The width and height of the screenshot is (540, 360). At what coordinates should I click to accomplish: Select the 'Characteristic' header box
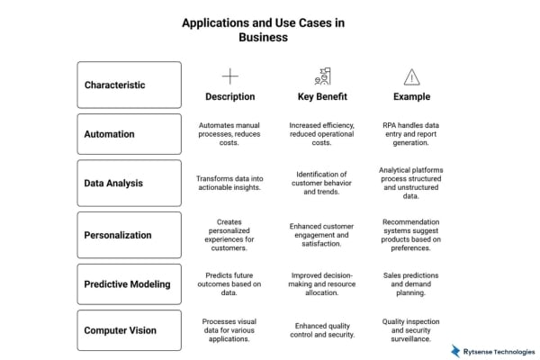pos(129,85)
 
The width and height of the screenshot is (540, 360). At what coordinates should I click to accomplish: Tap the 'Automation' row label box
pos(129,134)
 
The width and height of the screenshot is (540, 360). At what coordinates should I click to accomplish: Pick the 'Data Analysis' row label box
pos(129,183)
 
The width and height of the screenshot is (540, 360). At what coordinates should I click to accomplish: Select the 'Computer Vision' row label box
pos(129,330)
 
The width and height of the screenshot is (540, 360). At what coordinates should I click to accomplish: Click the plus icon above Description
pos(230,76)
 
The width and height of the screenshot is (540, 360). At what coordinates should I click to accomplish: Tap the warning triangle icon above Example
pos(411,76)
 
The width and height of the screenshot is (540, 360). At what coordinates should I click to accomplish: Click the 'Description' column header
pos(230,96)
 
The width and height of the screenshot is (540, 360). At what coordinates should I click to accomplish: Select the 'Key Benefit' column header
pos(321,96)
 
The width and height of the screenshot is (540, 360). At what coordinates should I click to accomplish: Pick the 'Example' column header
pos(411,96)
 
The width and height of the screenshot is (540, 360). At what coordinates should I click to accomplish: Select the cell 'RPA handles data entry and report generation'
pos(411,134)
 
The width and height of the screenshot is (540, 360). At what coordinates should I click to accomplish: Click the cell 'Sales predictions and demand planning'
pos(411,283)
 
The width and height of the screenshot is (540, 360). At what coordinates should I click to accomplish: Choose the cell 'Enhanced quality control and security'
pos(321,330)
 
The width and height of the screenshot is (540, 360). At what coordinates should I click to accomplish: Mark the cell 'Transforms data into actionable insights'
pos(230,183)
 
